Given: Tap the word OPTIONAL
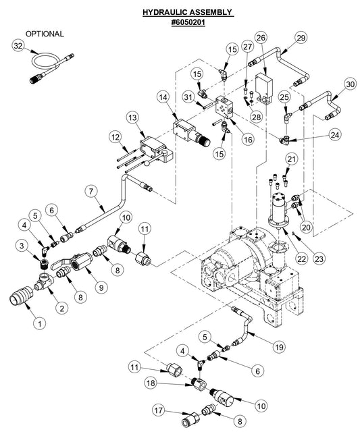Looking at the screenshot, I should point(45,33).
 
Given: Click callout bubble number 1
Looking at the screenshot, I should point(39,323).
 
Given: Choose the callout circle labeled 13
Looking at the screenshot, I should point(132,118).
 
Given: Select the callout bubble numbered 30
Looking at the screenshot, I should point(349,84).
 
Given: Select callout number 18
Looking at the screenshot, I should point(152,383).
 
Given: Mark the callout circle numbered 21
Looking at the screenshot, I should point(290,159).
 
